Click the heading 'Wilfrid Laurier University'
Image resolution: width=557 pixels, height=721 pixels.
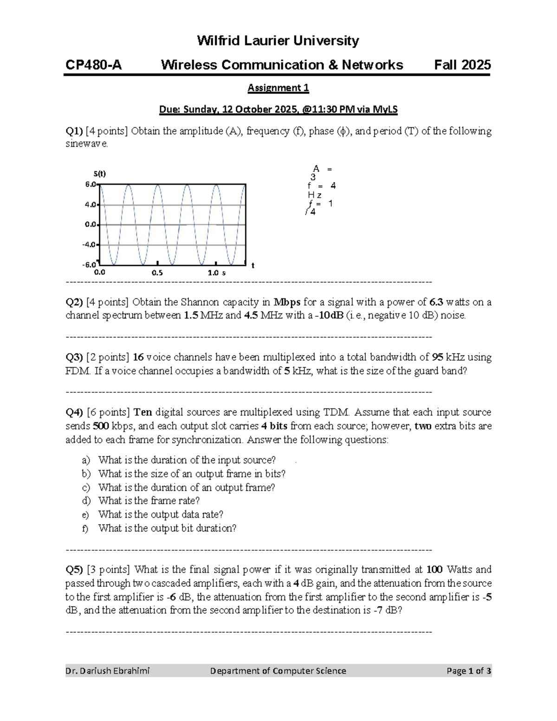pos(278,41)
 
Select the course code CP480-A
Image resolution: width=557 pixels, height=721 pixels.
pos(94,65)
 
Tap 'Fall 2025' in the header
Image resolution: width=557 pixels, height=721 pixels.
pos(462,65)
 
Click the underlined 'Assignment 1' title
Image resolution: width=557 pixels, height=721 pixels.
pos(278,88)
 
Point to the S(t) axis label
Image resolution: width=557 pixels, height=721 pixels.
pos(99,174)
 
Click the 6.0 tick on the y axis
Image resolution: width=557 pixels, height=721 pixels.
pos(90,184)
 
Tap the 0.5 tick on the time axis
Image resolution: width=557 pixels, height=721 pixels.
pos(157,273)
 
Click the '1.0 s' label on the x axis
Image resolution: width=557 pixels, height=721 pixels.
pos(216,273)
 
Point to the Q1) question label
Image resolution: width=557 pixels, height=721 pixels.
pos(74,131)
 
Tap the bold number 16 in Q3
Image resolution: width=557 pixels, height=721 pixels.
pos(138,357)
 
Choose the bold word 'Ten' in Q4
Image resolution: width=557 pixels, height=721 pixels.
pos(142,412)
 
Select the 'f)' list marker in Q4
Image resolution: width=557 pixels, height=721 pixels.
pos(85,528)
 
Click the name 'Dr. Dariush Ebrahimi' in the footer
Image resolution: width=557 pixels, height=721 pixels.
pos(108,671)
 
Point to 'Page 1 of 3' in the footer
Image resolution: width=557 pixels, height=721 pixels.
pos(469,671)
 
